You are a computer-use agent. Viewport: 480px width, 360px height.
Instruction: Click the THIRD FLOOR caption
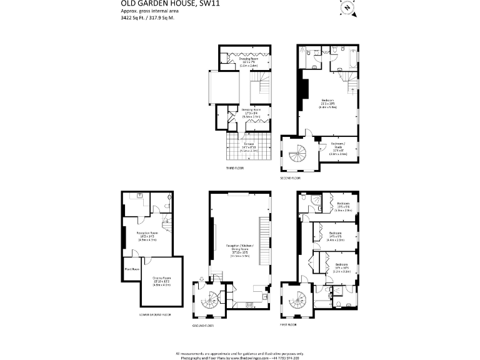pos(234,169)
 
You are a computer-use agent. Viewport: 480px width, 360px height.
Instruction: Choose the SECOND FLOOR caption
pos(291,178)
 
